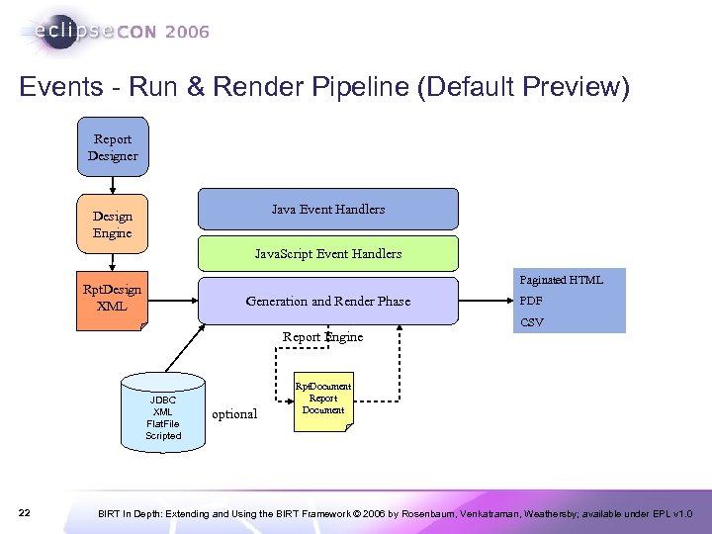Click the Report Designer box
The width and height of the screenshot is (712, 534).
(113, 147)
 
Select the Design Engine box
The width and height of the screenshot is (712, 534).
(113, 224)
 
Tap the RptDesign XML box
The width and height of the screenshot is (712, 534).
(113, 298)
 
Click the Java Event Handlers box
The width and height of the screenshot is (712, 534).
(328, 210)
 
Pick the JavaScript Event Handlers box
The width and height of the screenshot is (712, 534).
(328, 254)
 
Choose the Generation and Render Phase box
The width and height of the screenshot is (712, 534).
(328, 301)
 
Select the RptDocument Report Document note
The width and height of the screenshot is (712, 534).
(323, 399)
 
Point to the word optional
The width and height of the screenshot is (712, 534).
(235, 414)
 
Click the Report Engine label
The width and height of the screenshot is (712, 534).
(322, 337)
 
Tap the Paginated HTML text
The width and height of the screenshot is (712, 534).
(561, 280)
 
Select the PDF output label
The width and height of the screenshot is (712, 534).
(531, 301)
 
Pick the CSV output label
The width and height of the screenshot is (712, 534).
(531, 322)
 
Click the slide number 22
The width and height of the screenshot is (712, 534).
(25, 512)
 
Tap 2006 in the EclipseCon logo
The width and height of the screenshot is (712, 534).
(188, 32)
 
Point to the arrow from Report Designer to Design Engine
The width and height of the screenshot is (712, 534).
(113, 188)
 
